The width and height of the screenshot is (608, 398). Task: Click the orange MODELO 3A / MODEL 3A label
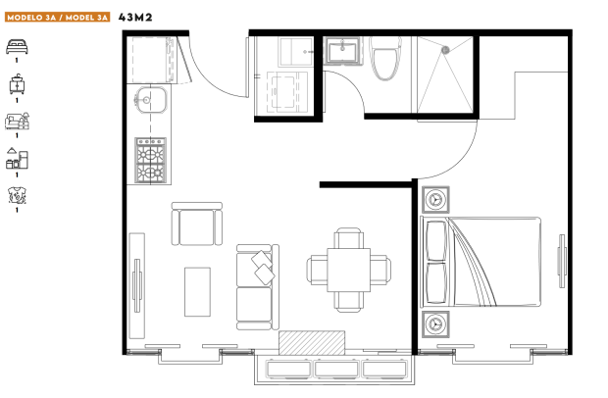(x=58, y=18)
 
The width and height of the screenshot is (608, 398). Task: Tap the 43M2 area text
(x=135, y=18)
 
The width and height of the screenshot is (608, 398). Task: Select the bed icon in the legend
(x=17, y=46)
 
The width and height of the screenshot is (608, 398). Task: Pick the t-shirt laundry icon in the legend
(x=17, y=195)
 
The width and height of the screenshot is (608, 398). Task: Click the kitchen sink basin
(x=151, y=100)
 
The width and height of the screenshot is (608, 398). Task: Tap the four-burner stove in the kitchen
(x=150, y=160)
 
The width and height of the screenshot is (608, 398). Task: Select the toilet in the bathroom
(x=385, y=58)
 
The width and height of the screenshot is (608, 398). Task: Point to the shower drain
(x=445, y=50)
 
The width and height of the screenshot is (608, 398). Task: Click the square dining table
(x=348, y=271)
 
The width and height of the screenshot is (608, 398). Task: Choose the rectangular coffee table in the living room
(x=197, y=292)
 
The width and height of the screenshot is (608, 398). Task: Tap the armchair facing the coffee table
(x=197, y=224)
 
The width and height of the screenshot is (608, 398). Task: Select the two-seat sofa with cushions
(x=258, y=287)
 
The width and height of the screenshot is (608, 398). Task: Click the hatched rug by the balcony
(x=312, y=342)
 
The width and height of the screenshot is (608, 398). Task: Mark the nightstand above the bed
(x=435, y=200)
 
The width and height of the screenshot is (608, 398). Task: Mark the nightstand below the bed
(x=435, y=323)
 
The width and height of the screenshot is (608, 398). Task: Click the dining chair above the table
(x=348, y=238)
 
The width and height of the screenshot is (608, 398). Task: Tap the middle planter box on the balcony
(x=336, y=369)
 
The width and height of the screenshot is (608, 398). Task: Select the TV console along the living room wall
(x=137, y=285)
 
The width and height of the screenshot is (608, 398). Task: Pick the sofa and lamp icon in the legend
(x=17, y=121)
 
